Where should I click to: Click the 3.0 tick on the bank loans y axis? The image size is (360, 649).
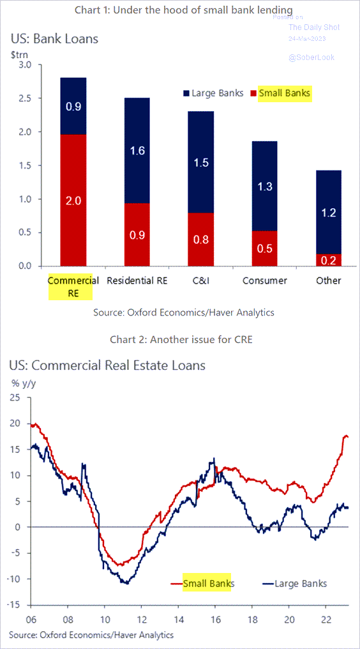click(25, 65)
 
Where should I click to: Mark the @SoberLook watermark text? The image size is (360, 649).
click(311, 57)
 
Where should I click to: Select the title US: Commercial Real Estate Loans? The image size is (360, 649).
click(107, 366)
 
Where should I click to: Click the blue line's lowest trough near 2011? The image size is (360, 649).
click(126, 583)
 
